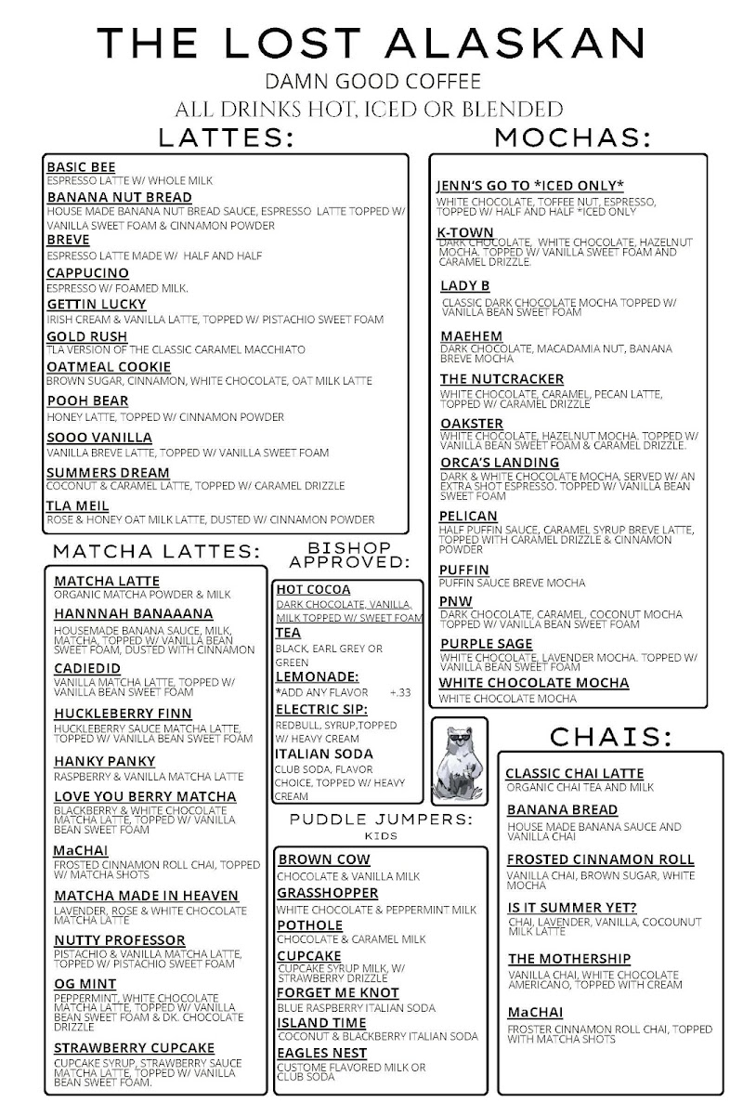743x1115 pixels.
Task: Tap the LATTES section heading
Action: pos(227,138)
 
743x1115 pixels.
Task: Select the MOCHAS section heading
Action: pos(572,138)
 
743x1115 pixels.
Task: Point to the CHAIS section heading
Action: pos(610,736)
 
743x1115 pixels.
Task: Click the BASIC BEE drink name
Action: pos(81,166)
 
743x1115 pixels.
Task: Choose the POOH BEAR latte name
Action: pos(87,400)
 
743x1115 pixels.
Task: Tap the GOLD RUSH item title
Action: pos(87,335)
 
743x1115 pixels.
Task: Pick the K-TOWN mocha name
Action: pos(466,233)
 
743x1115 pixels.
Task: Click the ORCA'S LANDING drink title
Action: pos(500,462)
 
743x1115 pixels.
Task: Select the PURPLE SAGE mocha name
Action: pos(487,643)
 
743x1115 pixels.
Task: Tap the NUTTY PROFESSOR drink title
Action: pos(119,939)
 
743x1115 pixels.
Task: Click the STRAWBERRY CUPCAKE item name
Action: pos(134,1047)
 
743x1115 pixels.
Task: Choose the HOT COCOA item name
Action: pos(313,589)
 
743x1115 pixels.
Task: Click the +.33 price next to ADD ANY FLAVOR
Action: pos(400,692)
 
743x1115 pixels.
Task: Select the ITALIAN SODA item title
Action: pos(324,754)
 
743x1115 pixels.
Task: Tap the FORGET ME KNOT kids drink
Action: pos(338,992)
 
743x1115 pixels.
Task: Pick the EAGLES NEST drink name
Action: pos(322,1053)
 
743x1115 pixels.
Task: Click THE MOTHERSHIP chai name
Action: pos(569,958)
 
